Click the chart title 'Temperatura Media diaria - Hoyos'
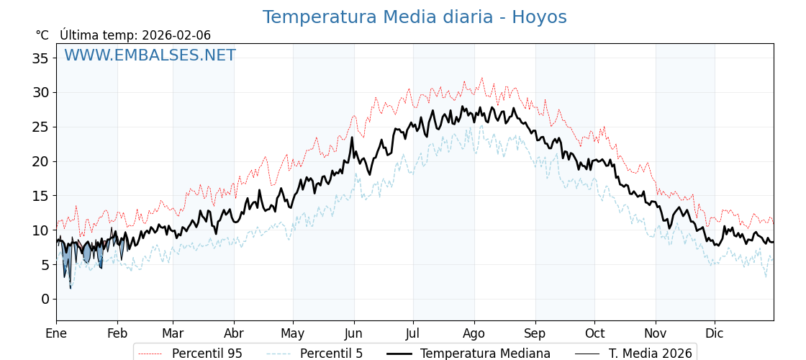[x=415, y=17]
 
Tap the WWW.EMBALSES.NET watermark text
[x=150, y=55]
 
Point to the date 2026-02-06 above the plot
[x=176, y=35]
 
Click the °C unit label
[x=42, y=35]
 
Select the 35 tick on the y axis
[x=40, y=58]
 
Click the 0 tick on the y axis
[x=45, y=299]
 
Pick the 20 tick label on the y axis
[x=40, y=161]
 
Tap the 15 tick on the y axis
[x=40, y=196]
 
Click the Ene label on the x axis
[x=56, y=334]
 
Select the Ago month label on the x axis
[x=474, y=334]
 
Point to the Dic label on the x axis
[x=715, y=334]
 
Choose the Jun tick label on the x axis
[x=353, y=334]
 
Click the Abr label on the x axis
[x=234, y=334]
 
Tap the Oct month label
[x=594, y=334]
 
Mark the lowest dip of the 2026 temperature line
[x=71, y=288]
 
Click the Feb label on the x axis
[x=117, y=334]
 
